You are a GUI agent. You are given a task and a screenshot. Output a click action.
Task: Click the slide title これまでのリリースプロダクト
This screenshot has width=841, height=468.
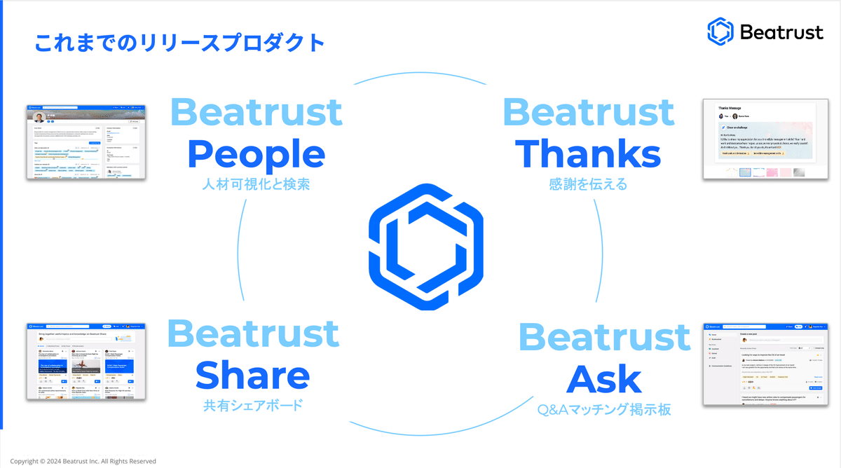pos(179,43)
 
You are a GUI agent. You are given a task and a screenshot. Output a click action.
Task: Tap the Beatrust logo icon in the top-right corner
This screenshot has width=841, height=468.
pos(720,32)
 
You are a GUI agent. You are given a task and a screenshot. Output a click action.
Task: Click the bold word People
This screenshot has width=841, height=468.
pos(256,154)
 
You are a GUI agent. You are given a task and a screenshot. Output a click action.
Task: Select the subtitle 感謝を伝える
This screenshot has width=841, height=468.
pos(589,185)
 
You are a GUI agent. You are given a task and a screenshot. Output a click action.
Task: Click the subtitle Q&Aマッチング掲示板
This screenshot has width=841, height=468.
pos(604,409)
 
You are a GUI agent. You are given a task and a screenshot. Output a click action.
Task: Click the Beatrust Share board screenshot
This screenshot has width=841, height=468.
pos(86,362)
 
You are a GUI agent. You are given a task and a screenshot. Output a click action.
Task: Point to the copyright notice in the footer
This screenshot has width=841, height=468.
pos(83,462)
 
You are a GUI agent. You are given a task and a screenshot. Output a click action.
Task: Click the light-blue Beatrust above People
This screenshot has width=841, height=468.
pos(256,113)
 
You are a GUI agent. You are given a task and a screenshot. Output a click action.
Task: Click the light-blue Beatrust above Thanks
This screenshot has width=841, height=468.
pos(589,113)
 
